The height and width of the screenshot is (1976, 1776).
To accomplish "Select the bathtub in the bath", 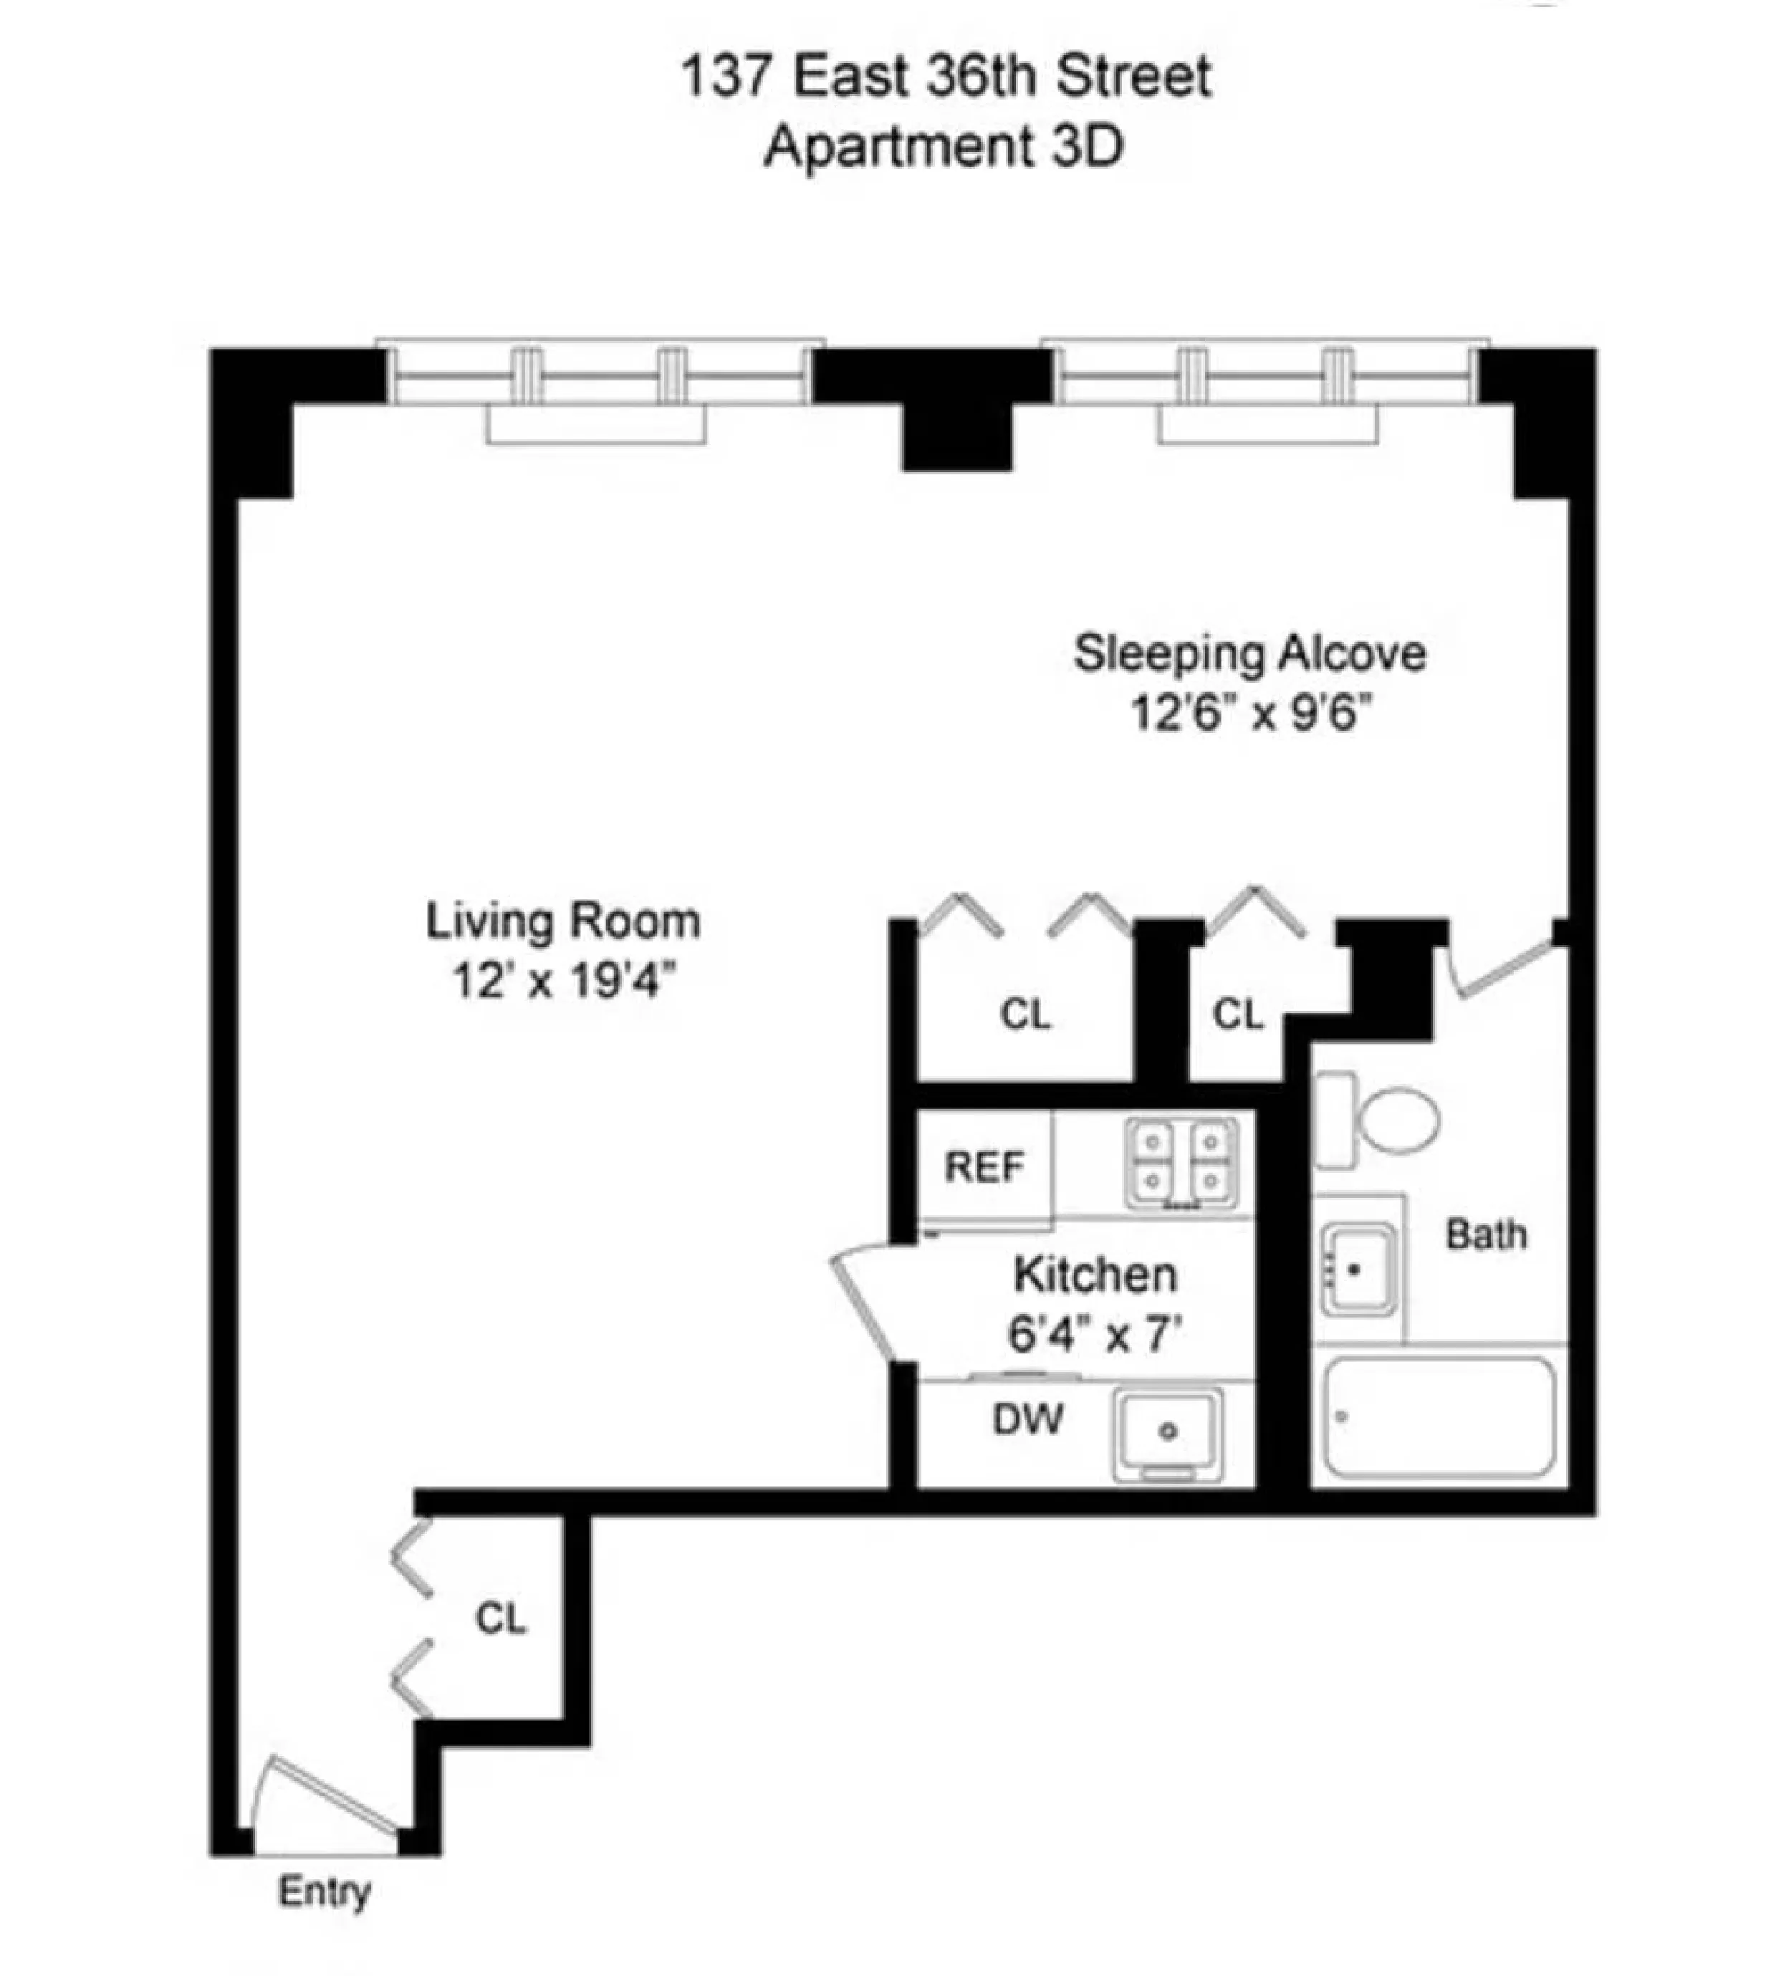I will (1437, 1417).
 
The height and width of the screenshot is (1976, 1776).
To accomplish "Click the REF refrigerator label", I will (984, 1167).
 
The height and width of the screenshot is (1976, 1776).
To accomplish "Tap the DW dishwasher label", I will (1027, 1420).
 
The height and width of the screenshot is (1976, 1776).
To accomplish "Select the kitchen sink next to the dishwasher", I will (1167, 1431).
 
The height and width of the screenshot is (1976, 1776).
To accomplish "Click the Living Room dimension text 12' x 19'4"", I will (564, 979).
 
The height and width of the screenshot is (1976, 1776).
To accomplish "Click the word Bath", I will (1485, 1234).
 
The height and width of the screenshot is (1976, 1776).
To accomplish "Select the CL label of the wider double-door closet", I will (1024, 1015).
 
